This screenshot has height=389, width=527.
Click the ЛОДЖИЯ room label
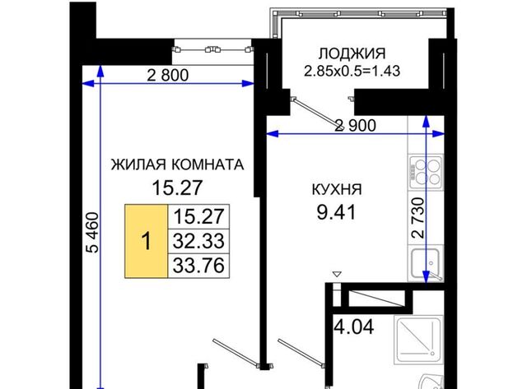pos(352,53)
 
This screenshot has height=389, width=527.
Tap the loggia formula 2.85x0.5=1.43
pos(352,72)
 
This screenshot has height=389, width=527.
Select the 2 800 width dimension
pos(168,75)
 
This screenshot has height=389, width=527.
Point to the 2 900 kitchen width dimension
pos(356,126)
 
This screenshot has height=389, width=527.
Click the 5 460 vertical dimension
pos(92,232)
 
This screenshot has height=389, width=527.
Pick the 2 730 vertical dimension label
pos(418,218)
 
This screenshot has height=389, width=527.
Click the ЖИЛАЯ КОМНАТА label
pos(178,164)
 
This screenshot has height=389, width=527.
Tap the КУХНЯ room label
pos(337,190)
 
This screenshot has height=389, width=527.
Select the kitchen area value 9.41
pos(336,212)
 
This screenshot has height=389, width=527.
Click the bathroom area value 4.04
pos(354,326)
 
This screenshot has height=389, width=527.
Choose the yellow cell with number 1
pos(147,241)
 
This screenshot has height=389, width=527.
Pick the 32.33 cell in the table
pos(198,241)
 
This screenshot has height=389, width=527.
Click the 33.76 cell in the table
pos(198,266)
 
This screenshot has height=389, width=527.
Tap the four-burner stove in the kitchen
pos(427,172)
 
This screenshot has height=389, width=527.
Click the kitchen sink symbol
pos(427,264)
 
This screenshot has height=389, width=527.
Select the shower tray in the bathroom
pos(419,339)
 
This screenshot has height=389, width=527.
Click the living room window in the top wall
pos(212,49)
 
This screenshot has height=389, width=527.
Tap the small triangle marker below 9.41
pos(337,274)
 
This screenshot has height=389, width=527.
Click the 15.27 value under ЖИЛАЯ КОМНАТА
pos(177,188)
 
